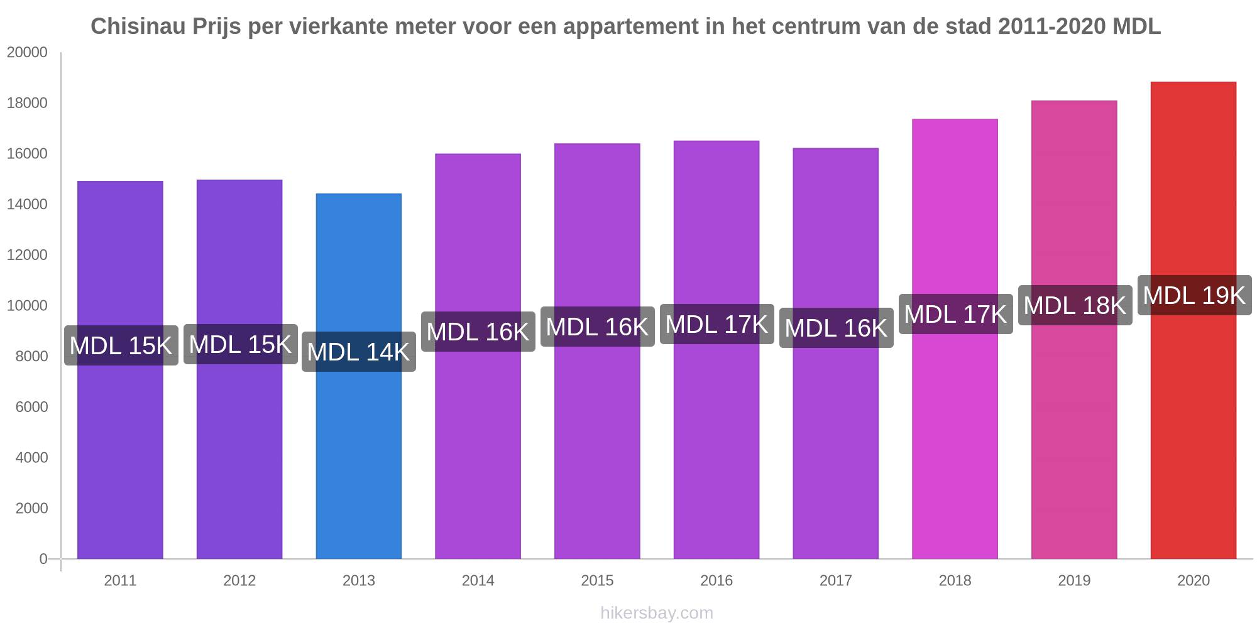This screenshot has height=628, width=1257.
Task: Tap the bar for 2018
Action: pos(955,440)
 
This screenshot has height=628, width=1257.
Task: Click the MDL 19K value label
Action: pos(1194,295)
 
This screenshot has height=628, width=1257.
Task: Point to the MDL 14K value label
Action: pos(358,352)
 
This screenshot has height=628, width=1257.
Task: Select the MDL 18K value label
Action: pos(1075,305)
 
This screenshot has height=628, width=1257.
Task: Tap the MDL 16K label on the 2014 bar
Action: pos(478,332)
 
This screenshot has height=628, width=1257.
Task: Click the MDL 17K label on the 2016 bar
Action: pos(716,324)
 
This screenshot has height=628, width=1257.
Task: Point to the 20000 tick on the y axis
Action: pos(27,52)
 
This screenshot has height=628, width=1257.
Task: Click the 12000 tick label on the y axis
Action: pos(27,255)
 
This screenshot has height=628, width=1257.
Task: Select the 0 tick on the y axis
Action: pos(43,558)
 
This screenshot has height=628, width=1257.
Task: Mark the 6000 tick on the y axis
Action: pos(31,407)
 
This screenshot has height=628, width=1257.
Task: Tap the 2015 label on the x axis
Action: pos(597,580)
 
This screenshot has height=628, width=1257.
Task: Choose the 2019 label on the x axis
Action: pos(1074,580)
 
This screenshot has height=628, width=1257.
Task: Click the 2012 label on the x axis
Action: pos(239,580)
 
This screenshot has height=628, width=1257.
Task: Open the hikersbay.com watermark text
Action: pos(657,613)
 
